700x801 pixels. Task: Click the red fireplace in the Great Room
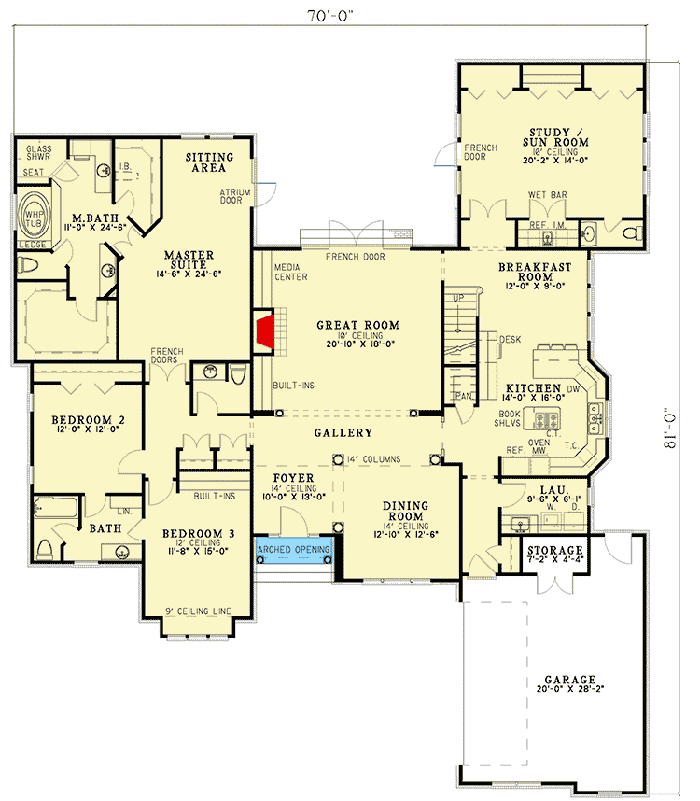point(265,331)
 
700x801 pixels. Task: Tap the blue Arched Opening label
point(294,550)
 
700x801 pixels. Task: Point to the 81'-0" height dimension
point(670,428)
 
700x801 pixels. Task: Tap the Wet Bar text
point(548,195)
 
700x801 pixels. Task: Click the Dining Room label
point(405,512)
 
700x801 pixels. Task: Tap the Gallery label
point(343,433)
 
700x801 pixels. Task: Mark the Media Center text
point(291,272)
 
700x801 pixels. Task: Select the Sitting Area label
point(209,163)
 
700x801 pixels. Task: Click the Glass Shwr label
point(38,153)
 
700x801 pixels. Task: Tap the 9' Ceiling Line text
point(198,612)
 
